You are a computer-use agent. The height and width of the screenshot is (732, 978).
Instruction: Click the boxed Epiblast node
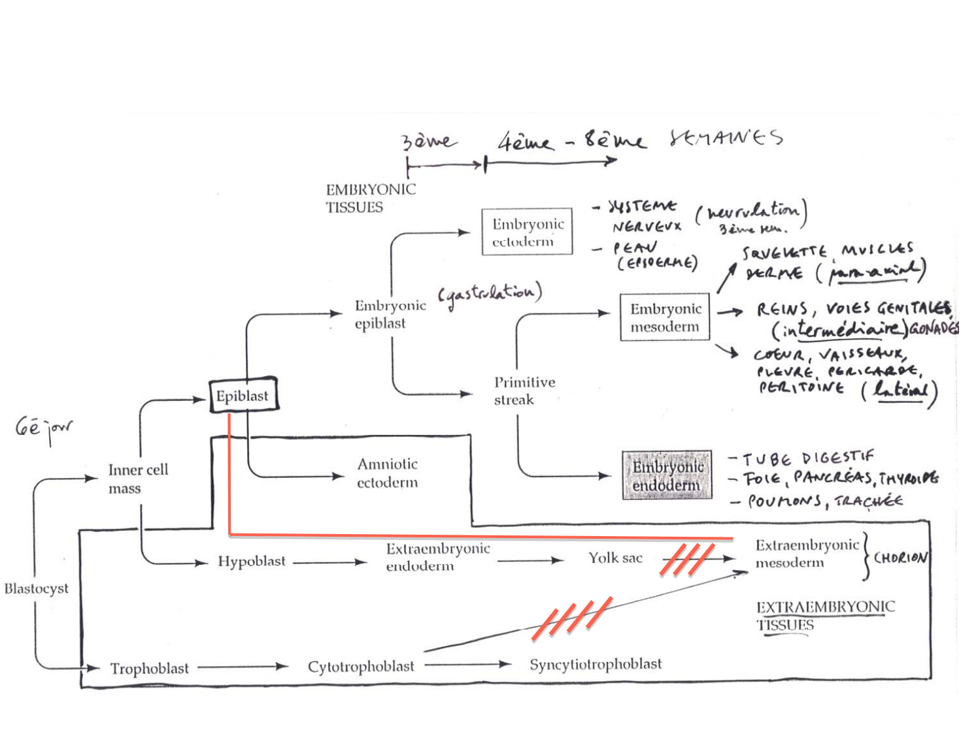[x=243, y=396]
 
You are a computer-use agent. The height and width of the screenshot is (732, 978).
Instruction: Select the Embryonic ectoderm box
[x=527, y=232]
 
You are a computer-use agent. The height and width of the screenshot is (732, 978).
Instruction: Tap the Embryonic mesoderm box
[x=664, y=317]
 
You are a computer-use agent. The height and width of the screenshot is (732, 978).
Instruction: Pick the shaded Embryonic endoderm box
[x=667, y=475]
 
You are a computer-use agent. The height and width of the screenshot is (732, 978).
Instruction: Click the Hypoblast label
[x=252, y=562]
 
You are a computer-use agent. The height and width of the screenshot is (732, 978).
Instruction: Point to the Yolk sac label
[x=615, y=558]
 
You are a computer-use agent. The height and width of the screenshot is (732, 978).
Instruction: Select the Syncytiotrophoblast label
[x=595, y=664]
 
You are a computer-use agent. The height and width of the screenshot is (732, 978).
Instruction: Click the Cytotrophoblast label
[x=361, y=667]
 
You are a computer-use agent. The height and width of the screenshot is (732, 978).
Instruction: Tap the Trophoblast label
[x=149, y=669]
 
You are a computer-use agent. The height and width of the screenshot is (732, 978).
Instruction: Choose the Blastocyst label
[x=37, y=588]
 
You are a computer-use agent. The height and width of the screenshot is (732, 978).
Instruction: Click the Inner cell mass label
[x=137, y=479]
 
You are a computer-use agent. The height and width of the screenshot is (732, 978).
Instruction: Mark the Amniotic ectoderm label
[x=387, y=473]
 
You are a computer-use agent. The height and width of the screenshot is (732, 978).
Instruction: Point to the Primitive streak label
[x=524, y=390]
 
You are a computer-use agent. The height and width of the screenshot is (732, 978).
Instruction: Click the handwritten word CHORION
[x=900, y=558]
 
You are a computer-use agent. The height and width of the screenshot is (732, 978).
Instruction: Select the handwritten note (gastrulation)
[x=490, y=295]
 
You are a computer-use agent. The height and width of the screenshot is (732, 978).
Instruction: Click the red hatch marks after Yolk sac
[x=686, y=560]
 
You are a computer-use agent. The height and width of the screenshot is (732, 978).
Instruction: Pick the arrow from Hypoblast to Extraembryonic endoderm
[x=329, y=562]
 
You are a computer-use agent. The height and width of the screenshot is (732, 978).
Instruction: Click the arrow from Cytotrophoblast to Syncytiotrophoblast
[x=467, y=665]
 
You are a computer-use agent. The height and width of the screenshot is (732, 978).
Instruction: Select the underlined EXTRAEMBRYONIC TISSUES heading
[x=824, y=616]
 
